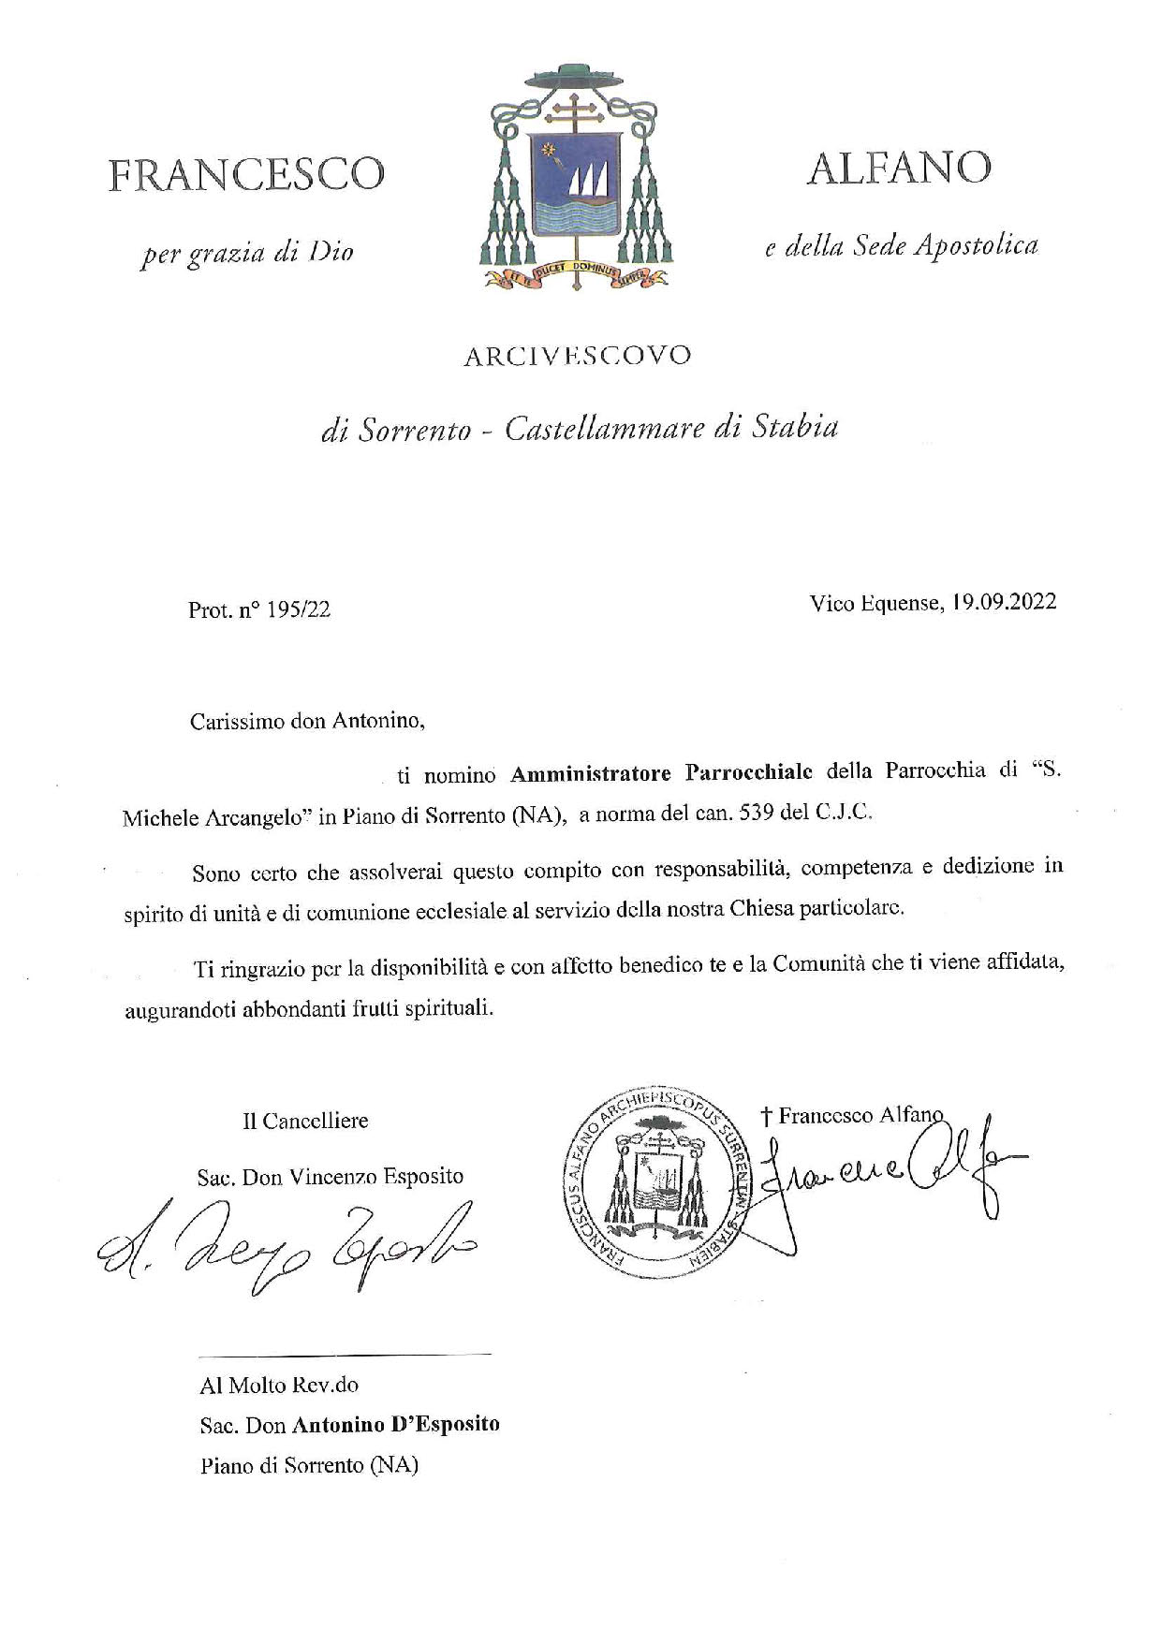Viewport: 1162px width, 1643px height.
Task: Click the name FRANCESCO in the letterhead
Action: click(x=246, y=175)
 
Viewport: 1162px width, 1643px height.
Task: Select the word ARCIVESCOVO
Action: click(x=578, y=356)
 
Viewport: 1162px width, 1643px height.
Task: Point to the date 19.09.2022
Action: click(x=1003, y=602)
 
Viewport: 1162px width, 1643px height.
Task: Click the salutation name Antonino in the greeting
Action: click(x=378, y=722)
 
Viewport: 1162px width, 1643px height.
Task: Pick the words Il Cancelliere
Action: click(x=305, y=1121)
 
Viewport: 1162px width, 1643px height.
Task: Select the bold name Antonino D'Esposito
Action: click(x=396, y=1424)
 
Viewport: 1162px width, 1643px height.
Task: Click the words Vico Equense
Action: click(x=874, y=603)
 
